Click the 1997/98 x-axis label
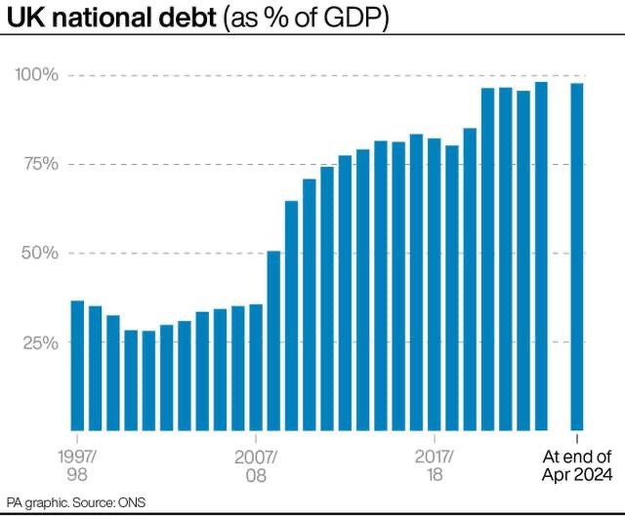pyautogui.click(x=77, y=464)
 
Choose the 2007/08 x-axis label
pyautogui.click(x=256, y=464)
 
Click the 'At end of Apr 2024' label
pyautogui.click(x=577, y=464)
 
